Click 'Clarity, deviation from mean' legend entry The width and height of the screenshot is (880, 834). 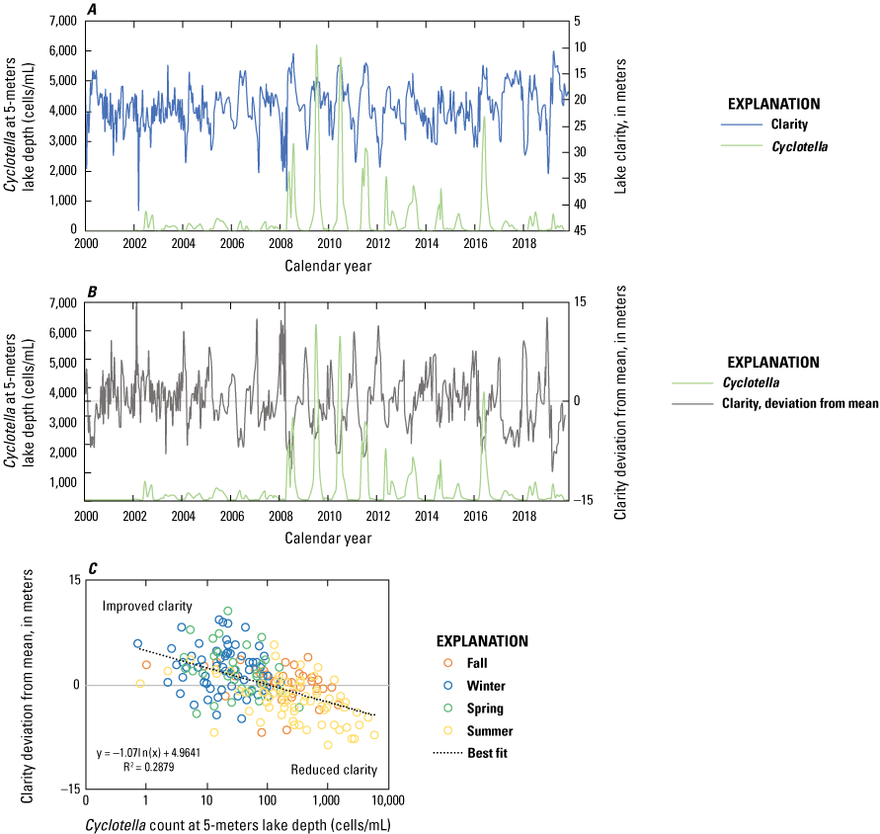(803, 403)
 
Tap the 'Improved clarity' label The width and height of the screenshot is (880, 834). (146, 606)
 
